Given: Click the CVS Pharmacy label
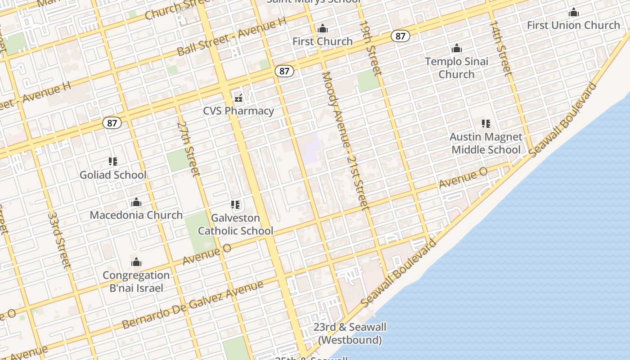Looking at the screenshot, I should [238, 111].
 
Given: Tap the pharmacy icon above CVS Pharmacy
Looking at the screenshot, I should [238, 98].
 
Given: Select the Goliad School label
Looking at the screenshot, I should [113, 175].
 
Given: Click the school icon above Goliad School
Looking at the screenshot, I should [112, 162].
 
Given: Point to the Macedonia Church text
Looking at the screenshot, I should [136, 215].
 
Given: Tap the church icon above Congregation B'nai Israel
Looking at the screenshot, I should [136, 262].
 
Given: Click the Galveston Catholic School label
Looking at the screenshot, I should [235, 225].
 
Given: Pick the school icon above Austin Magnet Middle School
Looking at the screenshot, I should [486, 123].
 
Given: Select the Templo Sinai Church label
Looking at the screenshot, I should [456, 68].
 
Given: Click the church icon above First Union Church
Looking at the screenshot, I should [573, 12].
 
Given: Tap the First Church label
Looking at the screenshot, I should [322, 41].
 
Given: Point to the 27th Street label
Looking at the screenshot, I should [188, 148].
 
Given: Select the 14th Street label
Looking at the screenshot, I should [500, 47].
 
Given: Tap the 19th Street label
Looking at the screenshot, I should [370, 48].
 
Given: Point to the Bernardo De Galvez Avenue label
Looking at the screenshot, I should [193, 305].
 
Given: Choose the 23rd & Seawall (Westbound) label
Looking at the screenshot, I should [350, 333].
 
